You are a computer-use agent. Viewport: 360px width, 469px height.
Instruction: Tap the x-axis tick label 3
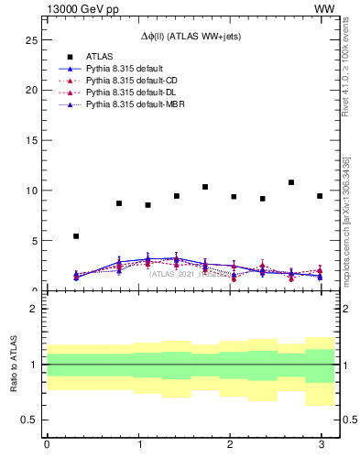click(x=321, y=445)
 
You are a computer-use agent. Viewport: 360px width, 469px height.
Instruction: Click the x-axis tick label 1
click(x=138, y=445)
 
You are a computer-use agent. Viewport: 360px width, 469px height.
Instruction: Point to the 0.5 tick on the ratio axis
click(x=28, y=420)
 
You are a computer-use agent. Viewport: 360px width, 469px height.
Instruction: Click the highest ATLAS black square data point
click(x=291, y=182)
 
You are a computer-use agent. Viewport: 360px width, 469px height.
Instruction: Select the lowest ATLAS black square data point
click(x=76, y=236)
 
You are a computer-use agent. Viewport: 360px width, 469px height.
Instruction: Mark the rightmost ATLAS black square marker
click(x=320, y=196)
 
